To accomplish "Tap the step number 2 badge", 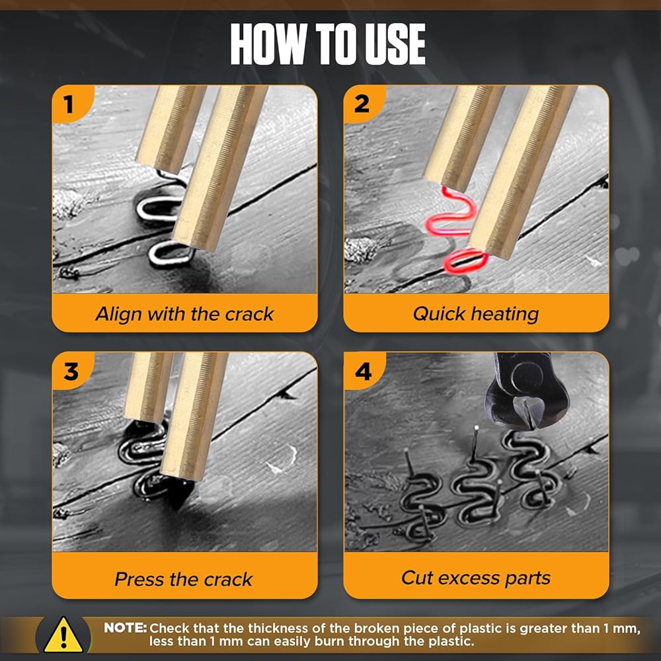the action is coord(362,104).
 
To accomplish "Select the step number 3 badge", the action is coord(71,371).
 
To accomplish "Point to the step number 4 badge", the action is coord(363,371).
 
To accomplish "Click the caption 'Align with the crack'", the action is coord(184,314).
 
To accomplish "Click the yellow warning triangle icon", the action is coord(63,636).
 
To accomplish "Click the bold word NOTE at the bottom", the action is coord(125,628).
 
